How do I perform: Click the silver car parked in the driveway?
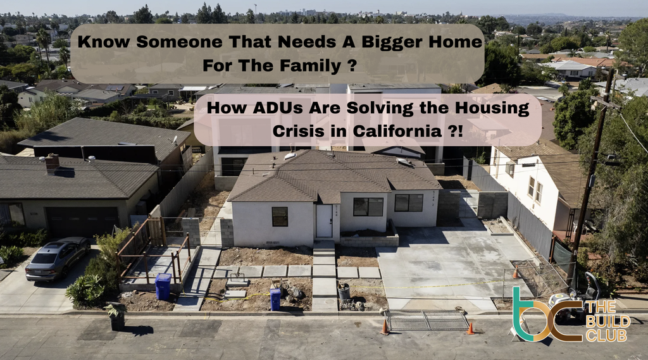click(x=57, y=257)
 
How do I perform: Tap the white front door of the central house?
click(x=324, y=221)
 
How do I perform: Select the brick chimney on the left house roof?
click(x=52, y=163)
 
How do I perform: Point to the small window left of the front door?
click(x=280, y=216)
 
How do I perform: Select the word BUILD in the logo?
click(x=607, y=320)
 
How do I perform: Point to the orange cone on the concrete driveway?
click(x=515, y=272)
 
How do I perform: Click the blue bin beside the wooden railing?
click(x=163, y=286)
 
